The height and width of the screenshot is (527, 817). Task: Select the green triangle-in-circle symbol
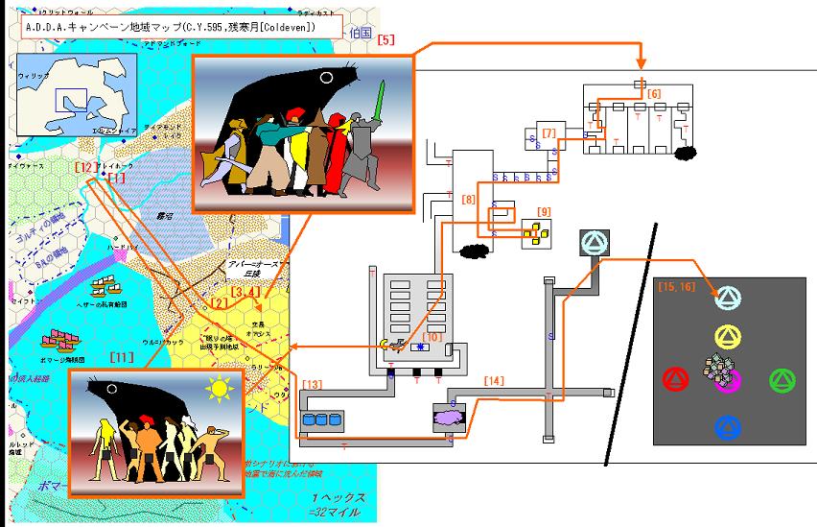783,379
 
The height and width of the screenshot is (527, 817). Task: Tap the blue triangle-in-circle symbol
728,425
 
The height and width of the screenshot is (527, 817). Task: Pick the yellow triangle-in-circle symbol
728,336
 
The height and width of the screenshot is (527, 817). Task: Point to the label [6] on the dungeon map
653,93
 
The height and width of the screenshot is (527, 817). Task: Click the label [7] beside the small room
549,132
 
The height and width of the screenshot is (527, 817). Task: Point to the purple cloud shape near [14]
448,416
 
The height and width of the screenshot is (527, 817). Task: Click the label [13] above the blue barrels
313,385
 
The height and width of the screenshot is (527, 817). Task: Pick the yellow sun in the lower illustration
221,390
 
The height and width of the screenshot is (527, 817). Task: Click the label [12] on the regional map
85,166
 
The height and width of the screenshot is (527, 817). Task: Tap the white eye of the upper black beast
327,77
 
